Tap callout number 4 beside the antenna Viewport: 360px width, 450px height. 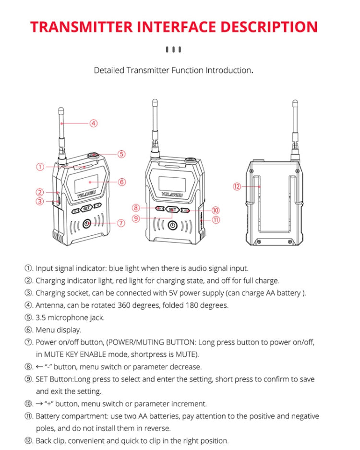click(94, 123)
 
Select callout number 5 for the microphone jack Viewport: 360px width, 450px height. click(121, 154)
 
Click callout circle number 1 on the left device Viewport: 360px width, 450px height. click(40, 167)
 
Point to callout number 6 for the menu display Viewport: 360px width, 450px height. click(121, 182)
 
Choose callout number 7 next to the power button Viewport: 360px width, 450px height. click(121, 223)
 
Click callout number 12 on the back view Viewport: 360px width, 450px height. click(236, 187)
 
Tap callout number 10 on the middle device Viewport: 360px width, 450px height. click(216, 210)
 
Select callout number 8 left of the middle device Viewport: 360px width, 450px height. click(136, 208)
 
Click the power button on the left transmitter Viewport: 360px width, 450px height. click(86, 223)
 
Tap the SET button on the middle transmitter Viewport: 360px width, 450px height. click(173, 210)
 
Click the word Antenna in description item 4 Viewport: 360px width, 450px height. click(50, 305)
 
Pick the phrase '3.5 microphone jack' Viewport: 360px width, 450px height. click(70, 317)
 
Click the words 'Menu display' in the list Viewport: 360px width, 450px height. click(58, 330)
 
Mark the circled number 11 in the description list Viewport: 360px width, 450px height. click(29, 416)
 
